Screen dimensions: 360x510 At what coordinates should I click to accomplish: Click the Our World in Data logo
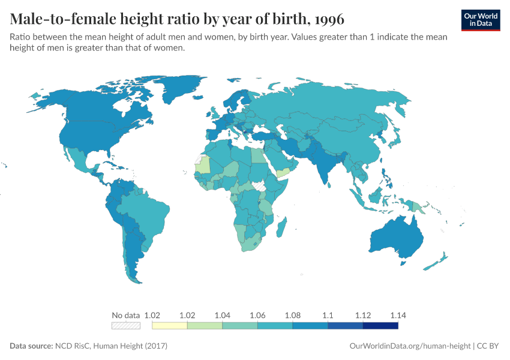[481, 20]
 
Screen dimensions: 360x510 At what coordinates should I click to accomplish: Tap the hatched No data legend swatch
[126, 326]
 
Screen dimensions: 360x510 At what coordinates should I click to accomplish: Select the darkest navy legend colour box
[380, 326]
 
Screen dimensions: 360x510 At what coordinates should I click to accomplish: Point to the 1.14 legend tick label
[398, 315]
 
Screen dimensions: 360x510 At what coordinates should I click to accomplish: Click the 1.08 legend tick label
[292, 315]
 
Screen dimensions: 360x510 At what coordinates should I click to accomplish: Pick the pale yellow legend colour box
[170, 326]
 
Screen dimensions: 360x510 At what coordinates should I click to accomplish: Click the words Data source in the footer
[31, 346]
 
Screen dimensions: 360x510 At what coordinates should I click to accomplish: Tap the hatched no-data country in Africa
[260, 185]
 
